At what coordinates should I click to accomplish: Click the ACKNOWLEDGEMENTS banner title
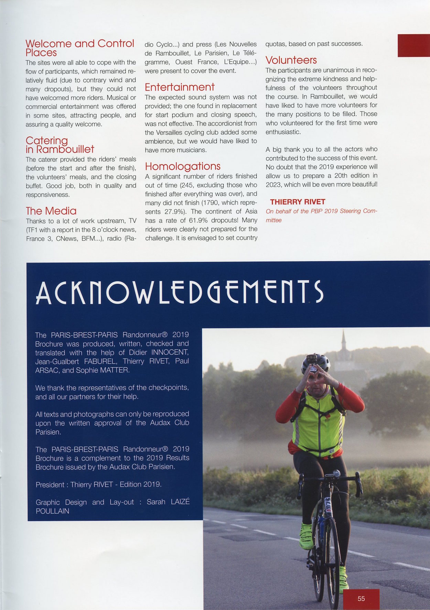coord(179,292)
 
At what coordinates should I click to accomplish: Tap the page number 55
coord(361,599)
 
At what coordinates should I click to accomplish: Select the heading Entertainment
coord(180,87)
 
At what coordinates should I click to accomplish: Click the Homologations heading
coord(183,166)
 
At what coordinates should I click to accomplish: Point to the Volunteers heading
coord(291,60)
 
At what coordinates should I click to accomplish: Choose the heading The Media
coord(51,211)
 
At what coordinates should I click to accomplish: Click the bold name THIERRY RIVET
coord(298,202)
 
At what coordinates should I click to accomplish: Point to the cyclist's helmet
coord(315,362)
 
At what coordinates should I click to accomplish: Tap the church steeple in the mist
coord(343,344)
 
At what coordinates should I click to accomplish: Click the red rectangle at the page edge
coord(413,45)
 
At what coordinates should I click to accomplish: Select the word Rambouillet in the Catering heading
coord(65,149)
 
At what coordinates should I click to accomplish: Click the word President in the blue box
coord(50,485)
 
